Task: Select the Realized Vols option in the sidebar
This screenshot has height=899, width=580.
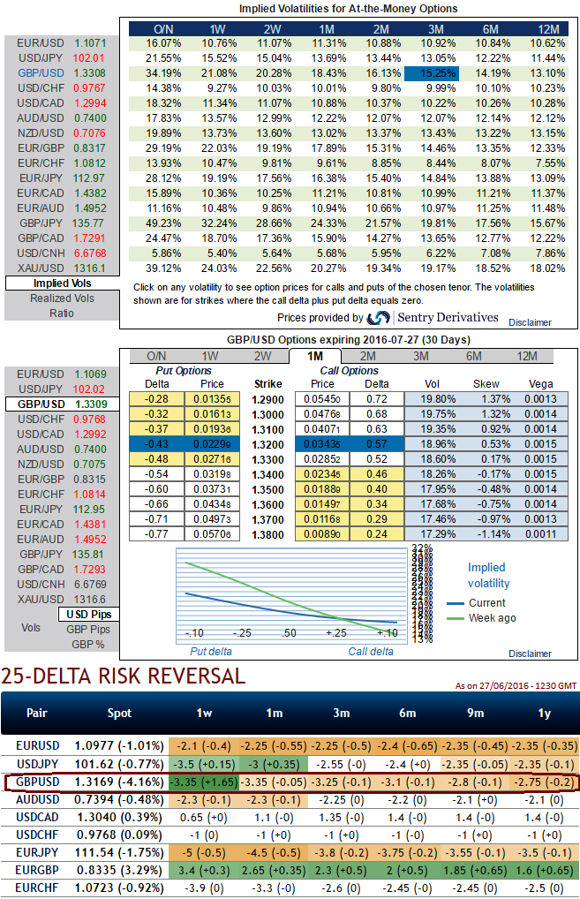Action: [62, 298]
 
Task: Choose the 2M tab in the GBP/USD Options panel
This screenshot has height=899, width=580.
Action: [366, 356]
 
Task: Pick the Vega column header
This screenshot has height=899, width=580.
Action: [539, 384]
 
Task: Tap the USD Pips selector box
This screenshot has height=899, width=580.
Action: [88, 614]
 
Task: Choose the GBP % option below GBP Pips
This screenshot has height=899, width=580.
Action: [87, 644]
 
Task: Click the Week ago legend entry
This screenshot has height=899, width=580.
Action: [493, 618]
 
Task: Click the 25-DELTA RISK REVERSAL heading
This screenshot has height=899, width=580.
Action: [123, 677]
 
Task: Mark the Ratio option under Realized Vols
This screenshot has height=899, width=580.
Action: [62, 313]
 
